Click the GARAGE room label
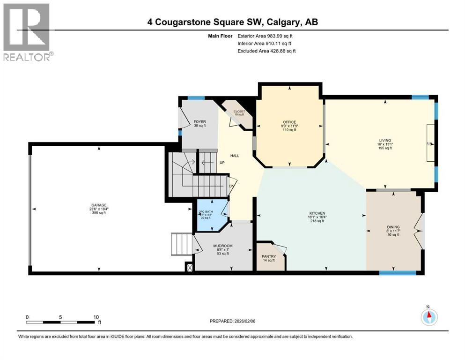[x=99, y=205]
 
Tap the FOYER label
[x=199, y=122]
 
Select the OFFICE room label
[x=289, y=122]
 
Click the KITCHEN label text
[x=316, y=213]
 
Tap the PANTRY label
[x=269, y=256]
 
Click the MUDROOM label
[x=223, y=246]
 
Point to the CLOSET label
[x=239, y=111]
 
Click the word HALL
[x=235, y=156]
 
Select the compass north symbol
[x=428, y=316]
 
